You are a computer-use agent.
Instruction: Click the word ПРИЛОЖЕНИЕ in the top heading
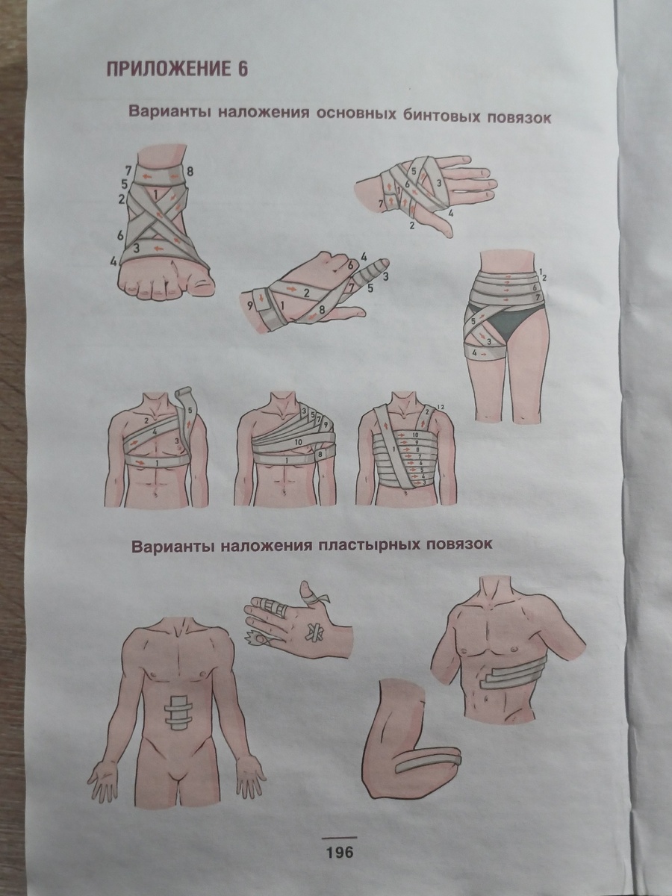[167, 69]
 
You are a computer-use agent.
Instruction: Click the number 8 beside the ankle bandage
[190, 172]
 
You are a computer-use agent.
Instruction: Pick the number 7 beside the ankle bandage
[128, 169]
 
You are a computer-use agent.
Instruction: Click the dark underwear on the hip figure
[502, 321]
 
